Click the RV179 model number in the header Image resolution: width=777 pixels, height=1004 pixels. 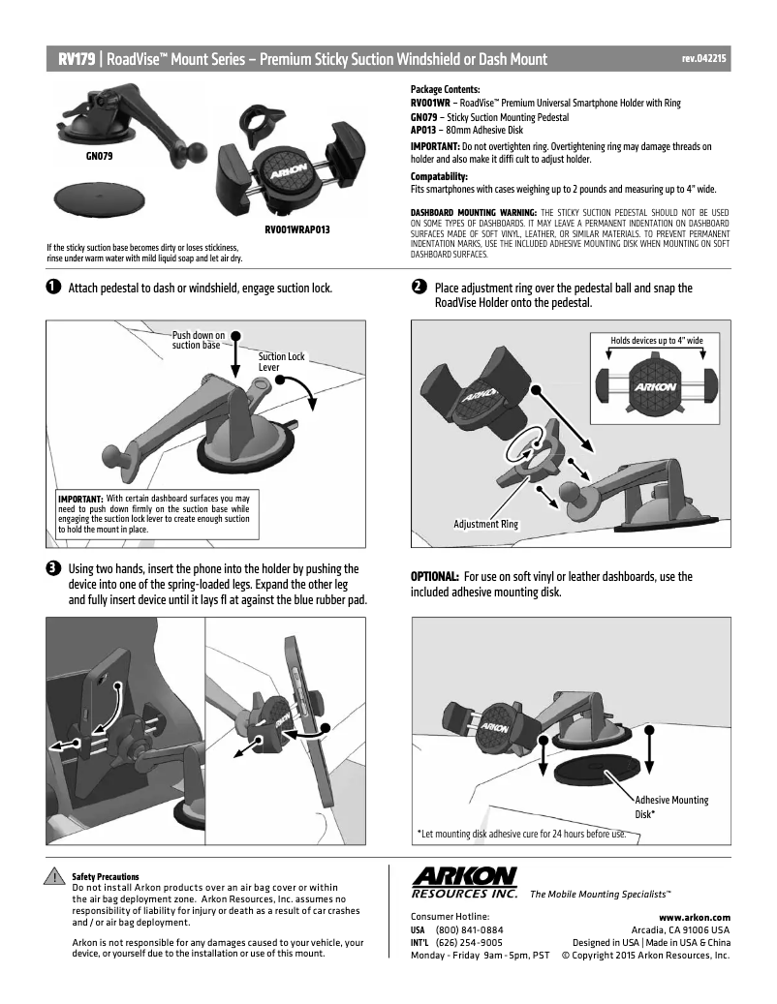click(76, 59)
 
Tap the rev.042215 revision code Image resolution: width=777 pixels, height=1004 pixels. click(704, 59)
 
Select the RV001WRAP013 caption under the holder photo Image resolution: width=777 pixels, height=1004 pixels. click(297, 229)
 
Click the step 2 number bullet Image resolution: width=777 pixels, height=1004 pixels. click(418, 289)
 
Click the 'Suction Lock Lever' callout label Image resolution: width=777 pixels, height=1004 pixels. click(281, 362)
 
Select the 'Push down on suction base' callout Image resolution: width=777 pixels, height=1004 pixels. click(198, 340)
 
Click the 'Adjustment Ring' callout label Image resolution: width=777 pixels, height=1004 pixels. click(485, 524)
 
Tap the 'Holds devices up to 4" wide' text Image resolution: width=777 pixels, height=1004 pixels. click(656, 341)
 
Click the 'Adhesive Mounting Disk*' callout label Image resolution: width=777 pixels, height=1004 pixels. click(671, 806)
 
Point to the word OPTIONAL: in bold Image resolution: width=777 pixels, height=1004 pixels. click(434, 576)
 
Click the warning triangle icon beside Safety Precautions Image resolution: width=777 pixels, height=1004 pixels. click(57, 879)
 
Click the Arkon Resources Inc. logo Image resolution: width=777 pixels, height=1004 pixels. click(465, 882)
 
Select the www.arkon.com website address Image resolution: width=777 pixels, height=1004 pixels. click(694, 916)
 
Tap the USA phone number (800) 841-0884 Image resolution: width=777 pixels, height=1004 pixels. click(469, 929)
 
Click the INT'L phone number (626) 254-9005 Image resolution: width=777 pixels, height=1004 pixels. click(469, 942)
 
